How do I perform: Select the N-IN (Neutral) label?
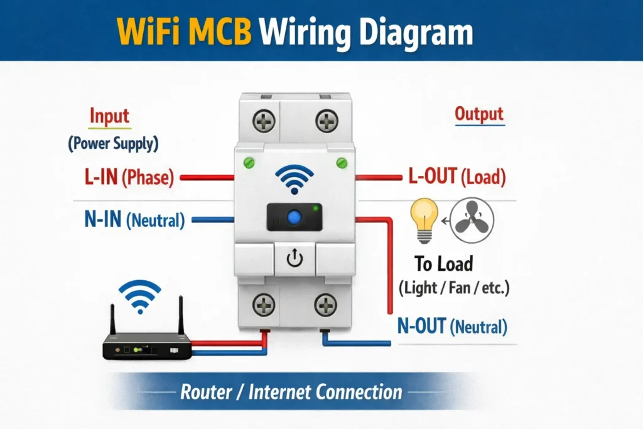coord(134,220)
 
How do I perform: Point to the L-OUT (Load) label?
coord(457,178)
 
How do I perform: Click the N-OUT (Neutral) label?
coord(451,327)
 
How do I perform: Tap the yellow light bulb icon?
coord(424,220)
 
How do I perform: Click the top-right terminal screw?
coord(326,120)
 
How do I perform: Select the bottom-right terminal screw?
coord(325,306)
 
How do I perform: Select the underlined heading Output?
coord(479,114)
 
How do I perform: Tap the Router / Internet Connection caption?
coord(291,393)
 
